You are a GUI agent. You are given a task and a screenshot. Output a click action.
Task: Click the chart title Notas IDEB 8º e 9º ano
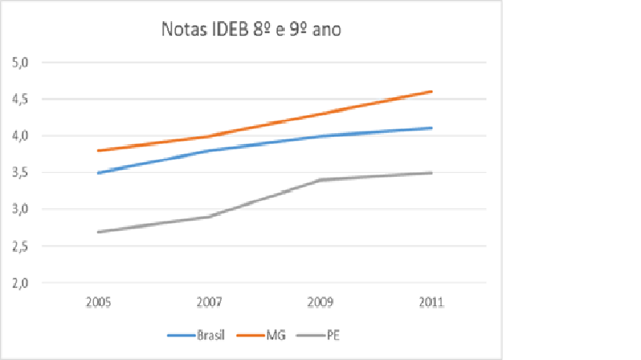pos(251,31)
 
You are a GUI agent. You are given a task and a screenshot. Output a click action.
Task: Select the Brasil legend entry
pos(210,336)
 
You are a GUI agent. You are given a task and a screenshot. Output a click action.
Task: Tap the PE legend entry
pos(332,336)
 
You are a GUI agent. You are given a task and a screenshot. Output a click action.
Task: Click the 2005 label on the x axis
pos(98,302)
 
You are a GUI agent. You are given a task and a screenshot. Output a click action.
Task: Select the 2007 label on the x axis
pos(209,302)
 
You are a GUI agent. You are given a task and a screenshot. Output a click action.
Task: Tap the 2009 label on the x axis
pos(320,302)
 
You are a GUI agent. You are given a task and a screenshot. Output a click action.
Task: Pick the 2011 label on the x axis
pos(431,302)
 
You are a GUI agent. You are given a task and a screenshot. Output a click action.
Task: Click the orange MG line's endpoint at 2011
pos(431,92)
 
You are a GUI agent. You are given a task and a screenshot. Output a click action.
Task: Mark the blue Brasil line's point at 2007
pos(209,150)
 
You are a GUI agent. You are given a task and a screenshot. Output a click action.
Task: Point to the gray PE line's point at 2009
pos(320,180)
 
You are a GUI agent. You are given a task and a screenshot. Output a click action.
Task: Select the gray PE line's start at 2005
pos(98,232)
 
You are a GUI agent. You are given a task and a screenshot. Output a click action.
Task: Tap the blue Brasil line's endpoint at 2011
pos(431,128)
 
